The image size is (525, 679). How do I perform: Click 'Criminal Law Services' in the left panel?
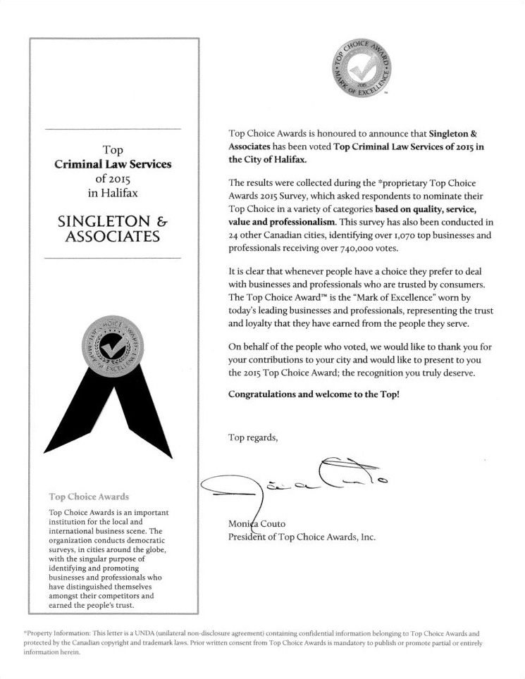click(113, 164)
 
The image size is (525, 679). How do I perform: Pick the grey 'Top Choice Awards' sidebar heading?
click(89, 496)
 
